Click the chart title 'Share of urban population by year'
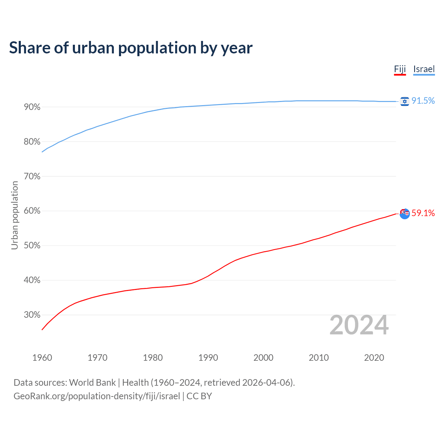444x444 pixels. coord(131,48)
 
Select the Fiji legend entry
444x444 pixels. coord(400,69)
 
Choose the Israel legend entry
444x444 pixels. coord(424,69)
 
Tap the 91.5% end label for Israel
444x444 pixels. coord(423,101)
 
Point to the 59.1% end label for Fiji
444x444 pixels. coord(423,213)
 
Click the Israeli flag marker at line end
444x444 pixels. coord(404,101)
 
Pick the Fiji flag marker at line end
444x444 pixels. coord(404,213)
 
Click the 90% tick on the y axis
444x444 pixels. coord(32,107)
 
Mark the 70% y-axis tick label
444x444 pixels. coord(32,177)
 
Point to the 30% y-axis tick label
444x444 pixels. coord(32,315)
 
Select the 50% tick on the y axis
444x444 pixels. coord(32,246)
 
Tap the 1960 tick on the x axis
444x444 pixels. coord(42,358)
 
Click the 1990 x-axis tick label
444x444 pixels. coord(208,358)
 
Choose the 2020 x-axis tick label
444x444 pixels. coord(374,358)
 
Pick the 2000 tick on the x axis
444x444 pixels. coord(263,358)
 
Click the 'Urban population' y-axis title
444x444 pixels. coord(15,215)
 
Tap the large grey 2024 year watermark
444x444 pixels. coord(359,325)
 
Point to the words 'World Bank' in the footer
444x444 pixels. coord(92,383)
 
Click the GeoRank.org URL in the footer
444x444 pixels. coord(97,396)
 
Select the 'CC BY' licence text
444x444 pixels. coord(199,396)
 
